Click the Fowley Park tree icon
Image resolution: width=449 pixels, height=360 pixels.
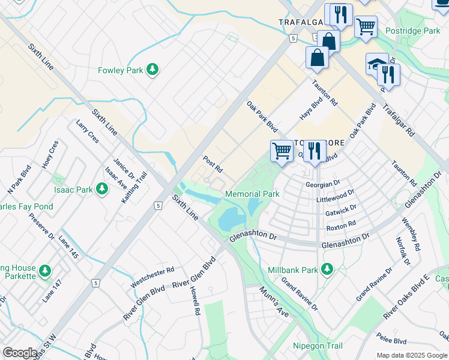click(x=153, y=70)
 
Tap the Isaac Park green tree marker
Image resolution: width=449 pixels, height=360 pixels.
click(x=102, y=190)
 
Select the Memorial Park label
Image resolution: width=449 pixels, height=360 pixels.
click(x=252, y=194)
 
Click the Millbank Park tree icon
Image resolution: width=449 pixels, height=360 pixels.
click(x=327, y=269)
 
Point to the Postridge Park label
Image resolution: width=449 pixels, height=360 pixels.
click(x=413, y=31)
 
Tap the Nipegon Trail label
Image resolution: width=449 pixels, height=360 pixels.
click(x=318, y=346)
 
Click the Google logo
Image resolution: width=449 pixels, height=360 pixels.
click(x=20, y=353)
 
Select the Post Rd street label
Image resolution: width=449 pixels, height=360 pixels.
click(x=213, y=163)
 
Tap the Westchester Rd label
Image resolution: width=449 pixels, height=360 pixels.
click(x=152, y=276)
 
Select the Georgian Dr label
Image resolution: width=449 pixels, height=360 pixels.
click(x=322, y=185)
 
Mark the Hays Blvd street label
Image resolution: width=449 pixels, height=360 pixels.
click(x=312, y=109)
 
